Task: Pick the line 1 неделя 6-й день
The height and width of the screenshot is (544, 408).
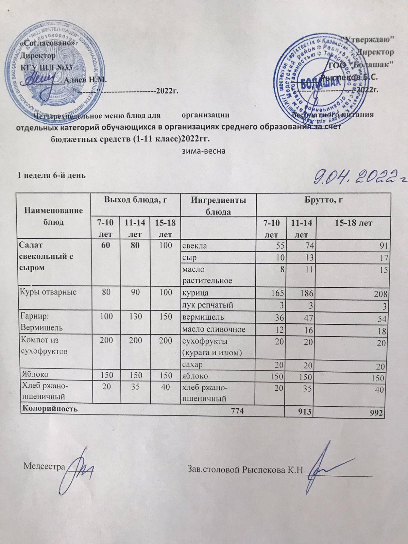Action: pyautogui.click(x=51, y=175)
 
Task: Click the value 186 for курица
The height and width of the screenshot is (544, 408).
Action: pyautogui.click(x=299, y=293)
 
